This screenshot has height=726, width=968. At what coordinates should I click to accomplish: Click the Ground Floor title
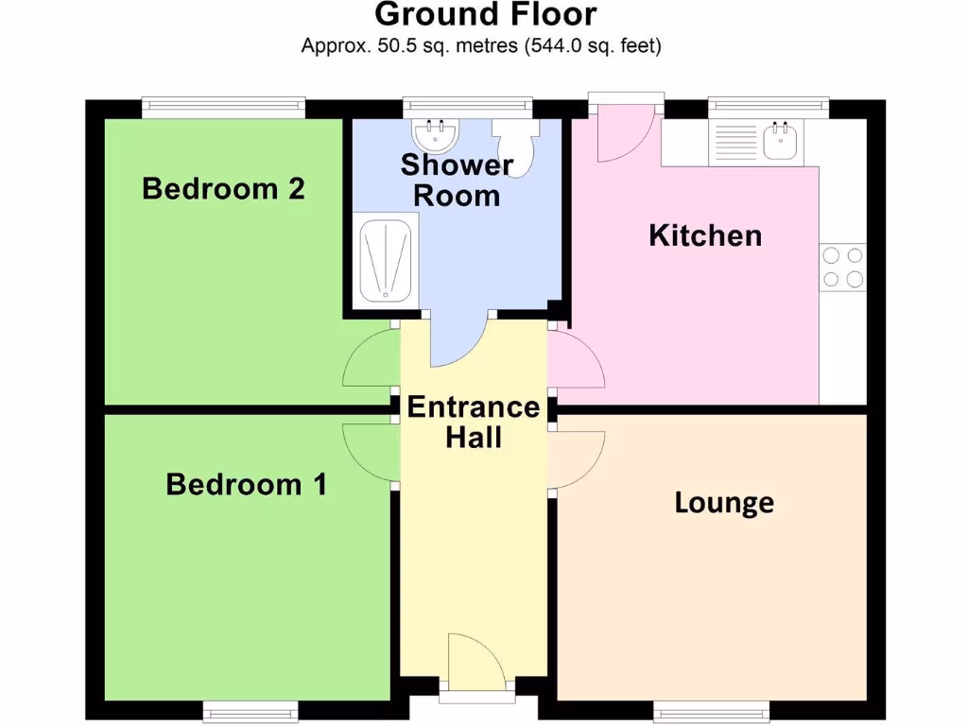coord(486,15)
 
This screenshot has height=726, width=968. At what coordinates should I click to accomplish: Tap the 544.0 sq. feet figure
coord(593,44)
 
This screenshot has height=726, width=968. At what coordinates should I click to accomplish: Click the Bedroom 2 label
coord(223,189)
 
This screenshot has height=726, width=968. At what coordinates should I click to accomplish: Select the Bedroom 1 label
coord(246,485)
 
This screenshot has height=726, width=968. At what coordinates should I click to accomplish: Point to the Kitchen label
coord(705,235)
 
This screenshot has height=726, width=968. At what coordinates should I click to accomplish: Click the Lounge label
coord(724,503)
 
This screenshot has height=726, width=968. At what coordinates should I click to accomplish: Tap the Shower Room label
coord(457,180)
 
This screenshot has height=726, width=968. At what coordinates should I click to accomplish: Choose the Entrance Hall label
coord(474,422)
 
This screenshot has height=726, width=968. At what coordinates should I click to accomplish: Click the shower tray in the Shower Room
coord(383,261)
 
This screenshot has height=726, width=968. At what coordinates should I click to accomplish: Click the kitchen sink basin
coord(781,143)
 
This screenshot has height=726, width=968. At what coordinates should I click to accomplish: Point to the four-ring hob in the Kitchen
coord(842,267)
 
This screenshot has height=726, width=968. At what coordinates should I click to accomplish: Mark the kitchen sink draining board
coord(735,143)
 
